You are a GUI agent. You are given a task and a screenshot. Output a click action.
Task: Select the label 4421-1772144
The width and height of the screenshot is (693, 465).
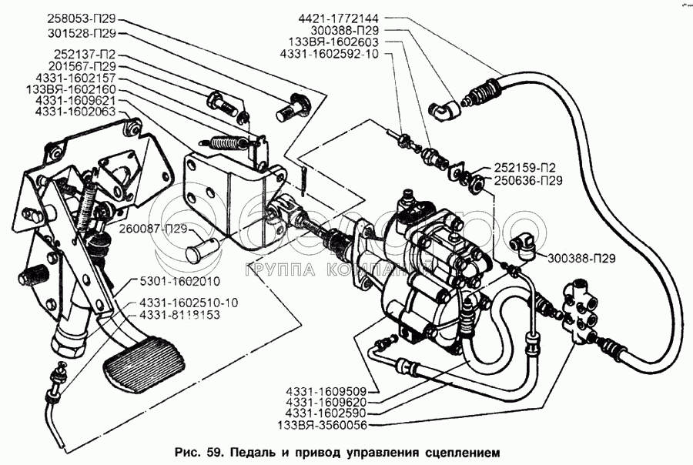click(x=339, y=18)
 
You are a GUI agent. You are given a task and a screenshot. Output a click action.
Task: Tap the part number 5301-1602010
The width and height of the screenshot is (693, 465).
click(x=179, y=281)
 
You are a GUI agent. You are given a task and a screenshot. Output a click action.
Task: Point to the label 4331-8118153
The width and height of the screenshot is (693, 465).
click(x=179, y=315)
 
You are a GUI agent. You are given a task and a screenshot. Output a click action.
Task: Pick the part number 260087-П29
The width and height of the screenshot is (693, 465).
click(x=153, y=229)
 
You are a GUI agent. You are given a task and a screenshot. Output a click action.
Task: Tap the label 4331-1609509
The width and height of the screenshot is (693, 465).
click(x=326, y=392)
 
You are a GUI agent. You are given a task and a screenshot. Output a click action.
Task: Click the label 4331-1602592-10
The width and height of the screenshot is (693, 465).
click(x=330, y=53)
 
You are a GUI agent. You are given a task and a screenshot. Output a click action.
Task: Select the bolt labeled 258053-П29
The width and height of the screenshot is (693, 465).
click(x=292, y=109)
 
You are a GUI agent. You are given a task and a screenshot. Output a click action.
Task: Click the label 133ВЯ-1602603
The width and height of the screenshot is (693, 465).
click(x=333, y=42)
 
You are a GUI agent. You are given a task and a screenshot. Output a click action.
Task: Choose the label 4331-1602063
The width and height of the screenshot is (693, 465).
click(x=75, y=111)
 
